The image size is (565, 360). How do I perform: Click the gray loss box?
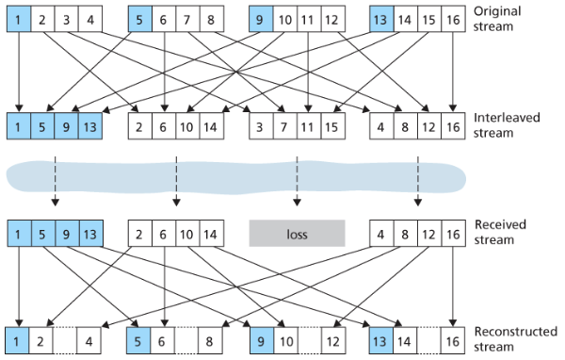(x=297, y=232)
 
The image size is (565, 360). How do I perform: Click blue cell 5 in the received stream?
(x=43, y=232)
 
